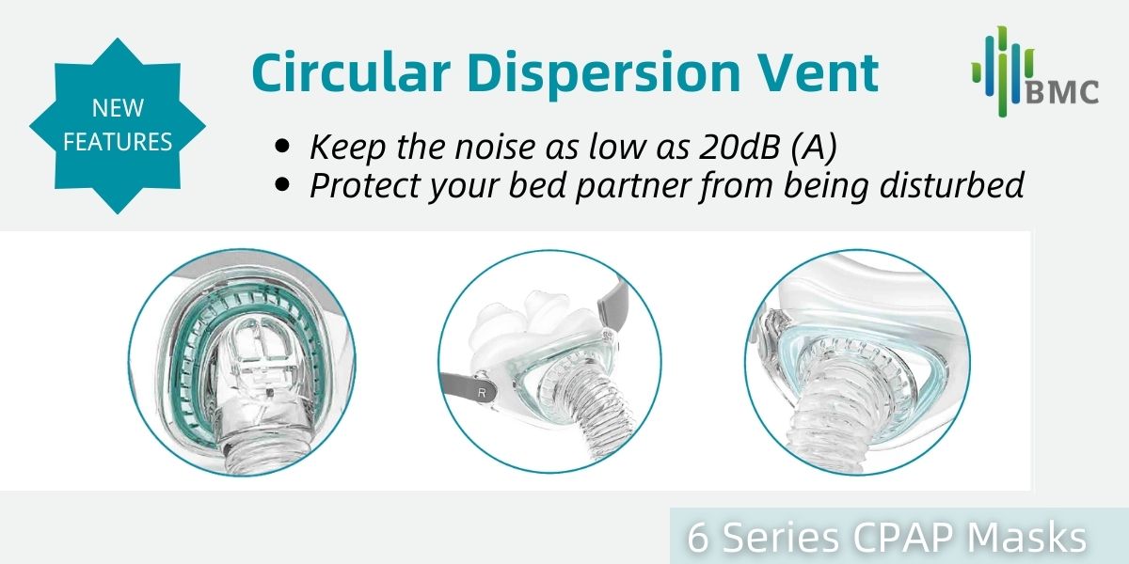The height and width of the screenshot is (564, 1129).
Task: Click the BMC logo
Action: (x=1035, y=71)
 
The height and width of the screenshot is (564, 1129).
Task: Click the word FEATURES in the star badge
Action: (x=118, y=142)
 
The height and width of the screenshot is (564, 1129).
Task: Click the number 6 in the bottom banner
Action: (x=698, y=538)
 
